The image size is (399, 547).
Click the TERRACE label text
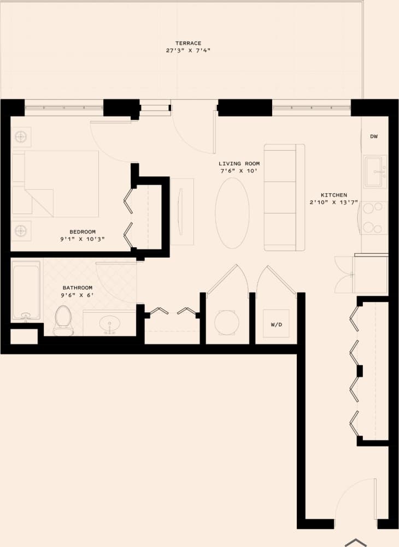[x=188, y=43]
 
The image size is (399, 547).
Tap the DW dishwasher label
[x=374, y=136]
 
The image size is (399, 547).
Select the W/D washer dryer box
[x=276, y=324]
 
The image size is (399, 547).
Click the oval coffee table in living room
[x=232, y=212]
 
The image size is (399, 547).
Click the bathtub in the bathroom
[x=26, y=292]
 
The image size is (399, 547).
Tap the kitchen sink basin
[x=375, y=167]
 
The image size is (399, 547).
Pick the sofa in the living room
[x=284, y=197]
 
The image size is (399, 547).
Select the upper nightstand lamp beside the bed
[x=21, y=136]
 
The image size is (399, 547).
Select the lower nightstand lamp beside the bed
[x=21, y=230]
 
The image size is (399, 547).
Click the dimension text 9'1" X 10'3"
[x=82, y=239]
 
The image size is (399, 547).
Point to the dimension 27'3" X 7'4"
[x=188, y=50]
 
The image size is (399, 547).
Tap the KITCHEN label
[x=333, y=195]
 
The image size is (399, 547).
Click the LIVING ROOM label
[x=239, y=164]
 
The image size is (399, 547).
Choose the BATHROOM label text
[x=77, y=288]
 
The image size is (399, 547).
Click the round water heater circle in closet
[x=226, y=322]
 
